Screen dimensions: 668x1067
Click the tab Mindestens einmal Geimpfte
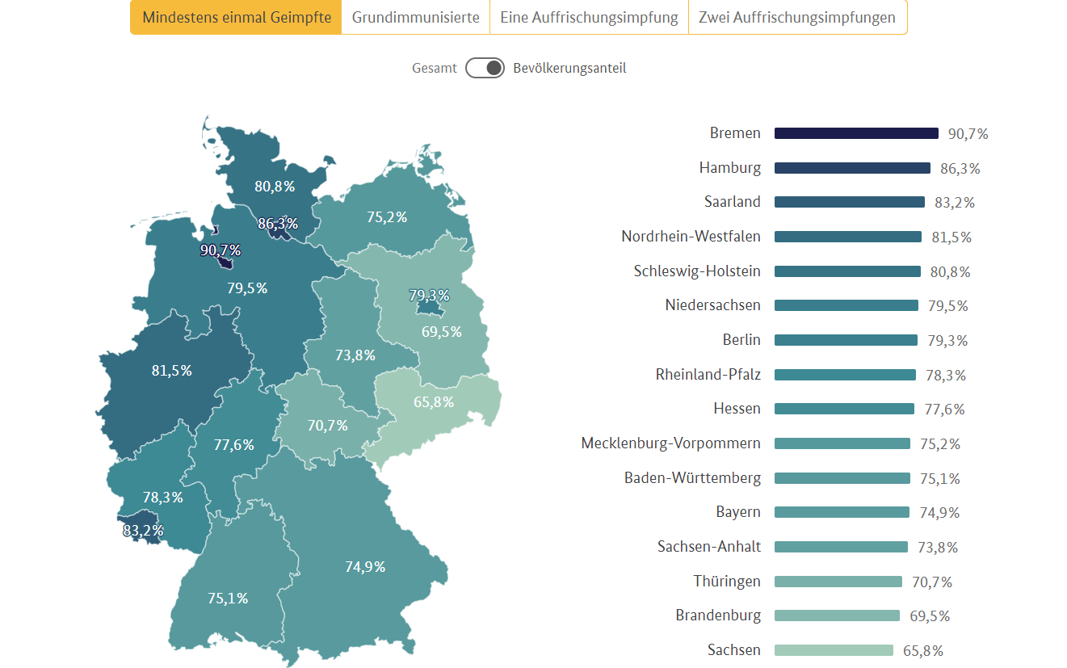(236, 18)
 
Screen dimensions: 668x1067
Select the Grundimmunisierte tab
(415, 18)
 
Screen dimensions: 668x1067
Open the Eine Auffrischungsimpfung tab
(589, 18)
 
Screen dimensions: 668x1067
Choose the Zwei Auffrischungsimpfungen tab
(797, 18)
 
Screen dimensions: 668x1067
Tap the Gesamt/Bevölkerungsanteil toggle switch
(485, 68)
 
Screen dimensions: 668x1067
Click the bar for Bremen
(856, 133)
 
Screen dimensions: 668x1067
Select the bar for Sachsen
(834, 650)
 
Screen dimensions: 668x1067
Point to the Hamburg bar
(852, 168)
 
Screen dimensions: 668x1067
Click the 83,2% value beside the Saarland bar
(955, 203)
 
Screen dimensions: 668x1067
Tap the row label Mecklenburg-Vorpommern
(670, 443)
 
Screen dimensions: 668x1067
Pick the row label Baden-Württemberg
(692, 478)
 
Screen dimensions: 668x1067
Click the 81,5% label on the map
(172, 371)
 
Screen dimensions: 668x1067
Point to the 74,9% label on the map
(365, 567)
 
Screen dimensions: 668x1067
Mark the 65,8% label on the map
(434, 401)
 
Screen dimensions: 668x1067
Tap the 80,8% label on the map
(275, 187)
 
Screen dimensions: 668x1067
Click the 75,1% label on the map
(228, 599)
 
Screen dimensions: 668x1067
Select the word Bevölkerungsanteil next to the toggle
(569, 68)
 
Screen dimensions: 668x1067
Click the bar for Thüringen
(838, 582)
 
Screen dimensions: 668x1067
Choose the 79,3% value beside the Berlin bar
(947, 341)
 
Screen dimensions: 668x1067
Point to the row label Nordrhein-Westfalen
(691, 237)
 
